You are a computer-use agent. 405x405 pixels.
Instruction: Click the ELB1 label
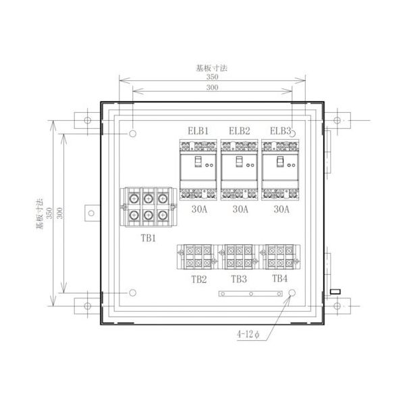(x=198, y=131)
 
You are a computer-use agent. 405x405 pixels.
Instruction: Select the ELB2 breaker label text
(x=240, y=131)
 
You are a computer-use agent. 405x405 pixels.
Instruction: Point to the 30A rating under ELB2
(x=240, y=209)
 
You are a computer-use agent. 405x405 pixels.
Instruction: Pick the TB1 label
(x=149, y=238)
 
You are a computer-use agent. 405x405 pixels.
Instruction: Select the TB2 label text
(x=199, y=277)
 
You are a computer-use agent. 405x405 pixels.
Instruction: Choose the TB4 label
(x=280, y=277)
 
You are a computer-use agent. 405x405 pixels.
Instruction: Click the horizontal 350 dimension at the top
(x=213, y=77)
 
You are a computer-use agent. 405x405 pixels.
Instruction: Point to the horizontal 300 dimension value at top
(x=213, y=88)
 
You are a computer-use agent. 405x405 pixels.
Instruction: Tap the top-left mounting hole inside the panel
(x=133, y=133)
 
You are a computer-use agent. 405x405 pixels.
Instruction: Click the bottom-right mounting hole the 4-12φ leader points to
(x=293, y=294)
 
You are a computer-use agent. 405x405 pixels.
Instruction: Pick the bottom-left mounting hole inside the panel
(x=133, y=294)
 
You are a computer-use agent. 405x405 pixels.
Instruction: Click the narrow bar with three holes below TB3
(x=250, y=294)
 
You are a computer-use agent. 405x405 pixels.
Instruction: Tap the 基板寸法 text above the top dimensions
(x=213, y=67)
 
